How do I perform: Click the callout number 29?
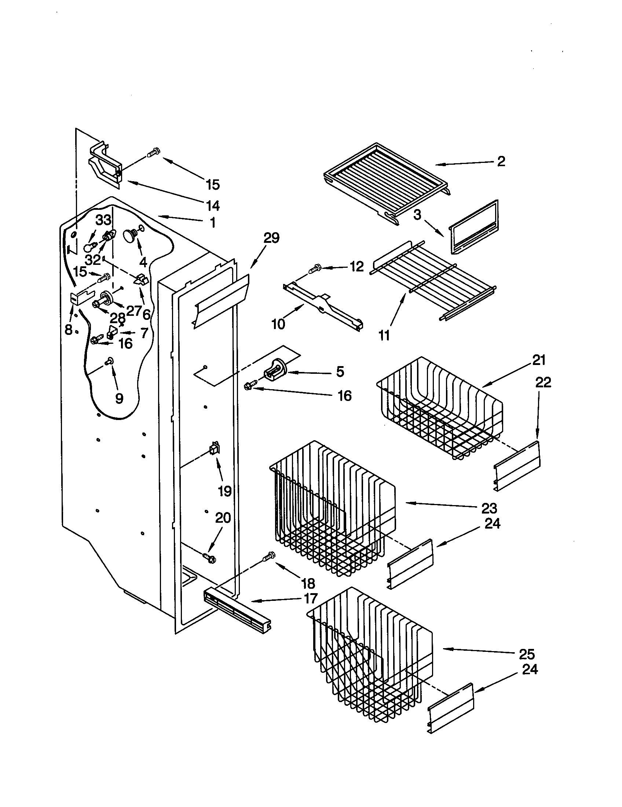point(271,238)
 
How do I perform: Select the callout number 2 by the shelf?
point(501,161)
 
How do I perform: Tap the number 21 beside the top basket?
point(539,359)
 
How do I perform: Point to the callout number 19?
point(224,491)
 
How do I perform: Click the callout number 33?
point(103,220)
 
